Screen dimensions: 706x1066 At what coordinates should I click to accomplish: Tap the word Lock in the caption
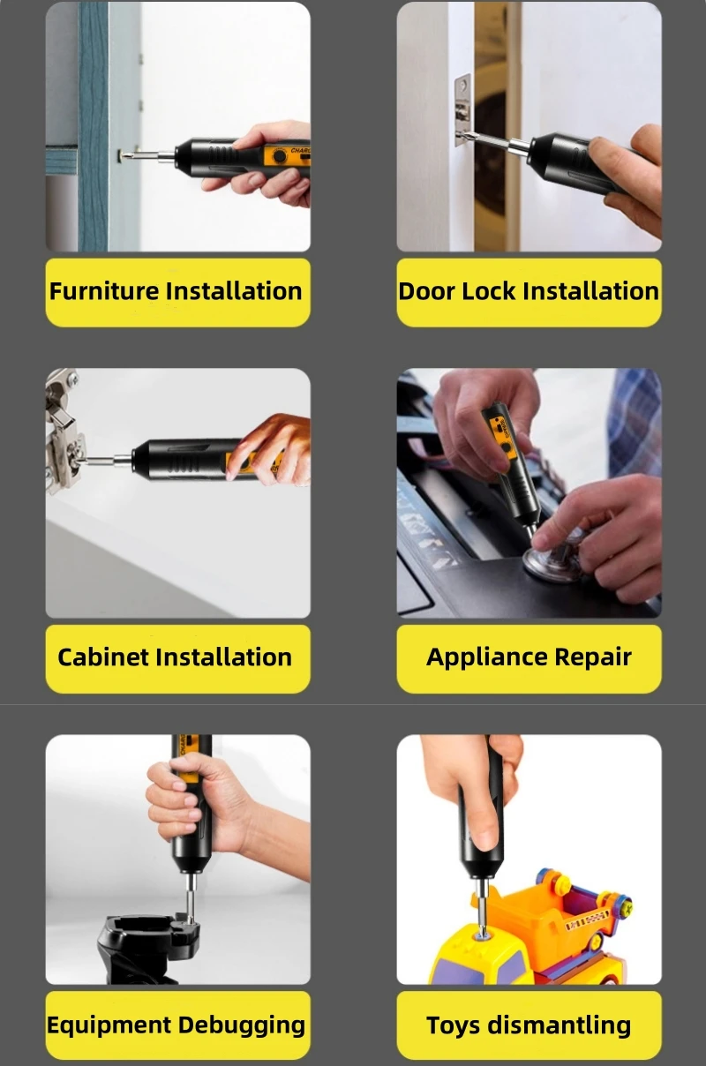489,291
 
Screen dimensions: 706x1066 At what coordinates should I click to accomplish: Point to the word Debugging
242,1026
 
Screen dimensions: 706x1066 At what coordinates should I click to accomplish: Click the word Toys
453,1026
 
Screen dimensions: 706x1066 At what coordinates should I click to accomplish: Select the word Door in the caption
426,291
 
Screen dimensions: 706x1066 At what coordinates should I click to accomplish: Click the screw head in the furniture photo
122,155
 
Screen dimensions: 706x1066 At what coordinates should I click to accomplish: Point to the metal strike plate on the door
462,109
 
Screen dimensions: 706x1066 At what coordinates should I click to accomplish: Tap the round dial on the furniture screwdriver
280,156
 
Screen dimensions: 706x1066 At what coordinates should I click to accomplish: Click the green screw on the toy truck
627,907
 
